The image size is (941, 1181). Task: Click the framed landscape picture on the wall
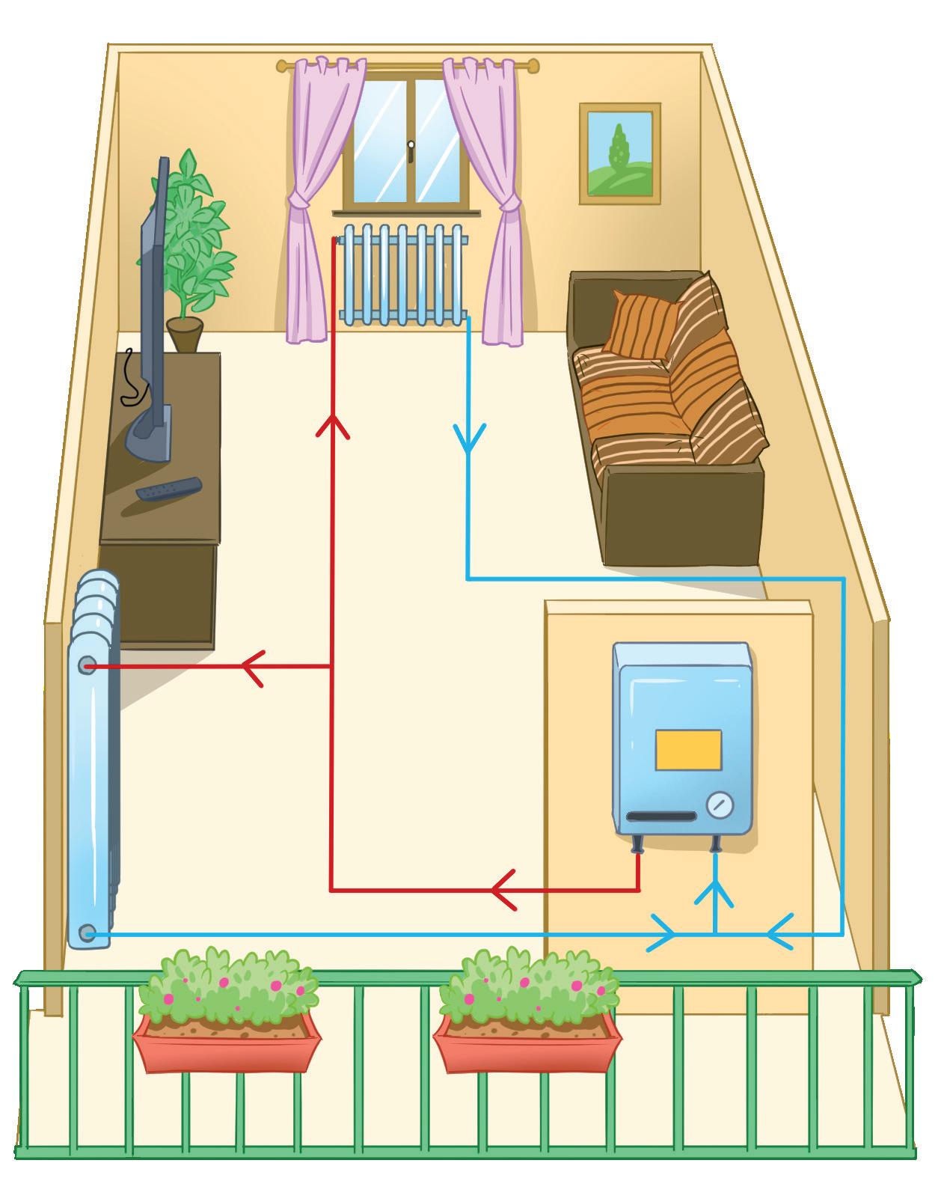(x=619, y=153)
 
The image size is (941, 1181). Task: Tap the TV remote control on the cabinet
(x=168, y=489)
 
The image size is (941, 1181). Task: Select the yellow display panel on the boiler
(x=688, y=749)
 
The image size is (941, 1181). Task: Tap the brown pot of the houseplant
(x=184, y=334)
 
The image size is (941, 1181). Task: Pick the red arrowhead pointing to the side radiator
(x=253, y=666)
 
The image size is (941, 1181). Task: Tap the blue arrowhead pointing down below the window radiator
(x=468, y=439)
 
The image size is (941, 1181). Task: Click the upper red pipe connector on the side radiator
(x=87, y=665)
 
